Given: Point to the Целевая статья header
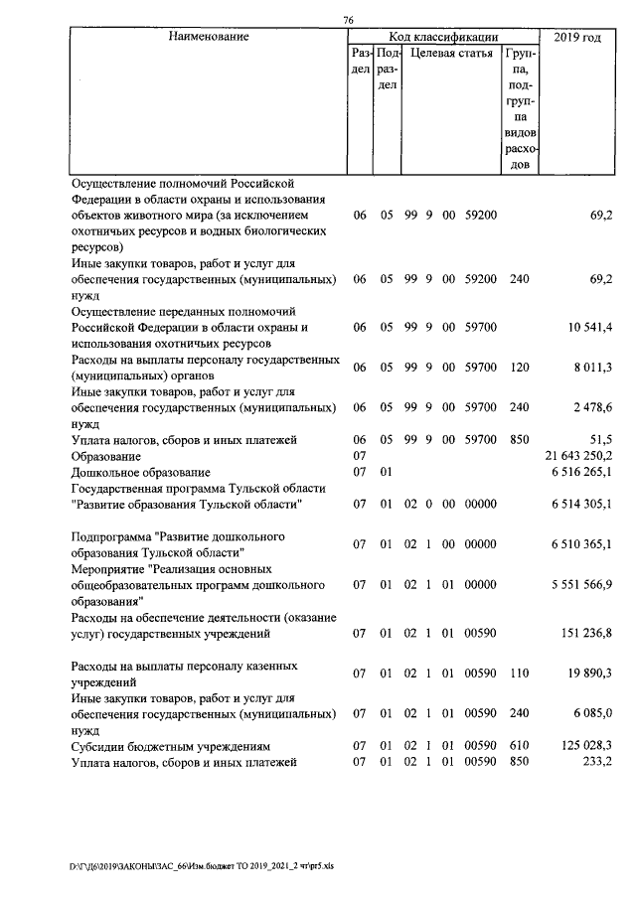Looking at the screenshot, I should coord(451,54).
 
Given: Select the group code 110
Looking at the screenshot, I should coord(518,674).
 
